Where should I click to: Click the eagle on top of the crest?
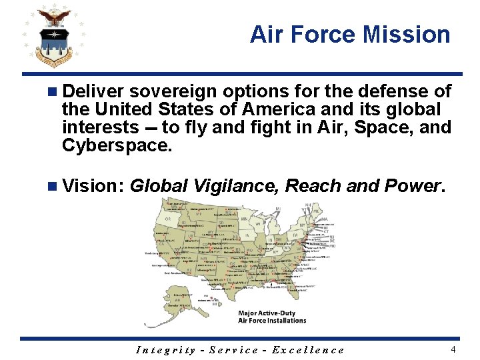click(54, 16)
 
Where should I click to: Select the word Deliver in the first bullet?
click(94, 91)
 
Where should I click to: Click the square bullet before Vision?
click(53, 186)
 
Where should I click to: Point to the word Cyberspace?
click(117, 145)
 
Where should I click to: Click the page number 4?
click(453, 349)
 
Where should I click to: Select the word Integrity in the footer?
click(166, 350)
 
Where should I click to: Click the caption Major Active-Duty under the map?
click(272, 313)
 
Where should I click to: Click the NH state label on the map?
click(308, 205)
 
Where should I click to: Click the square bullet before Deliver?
click(53, 91)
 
